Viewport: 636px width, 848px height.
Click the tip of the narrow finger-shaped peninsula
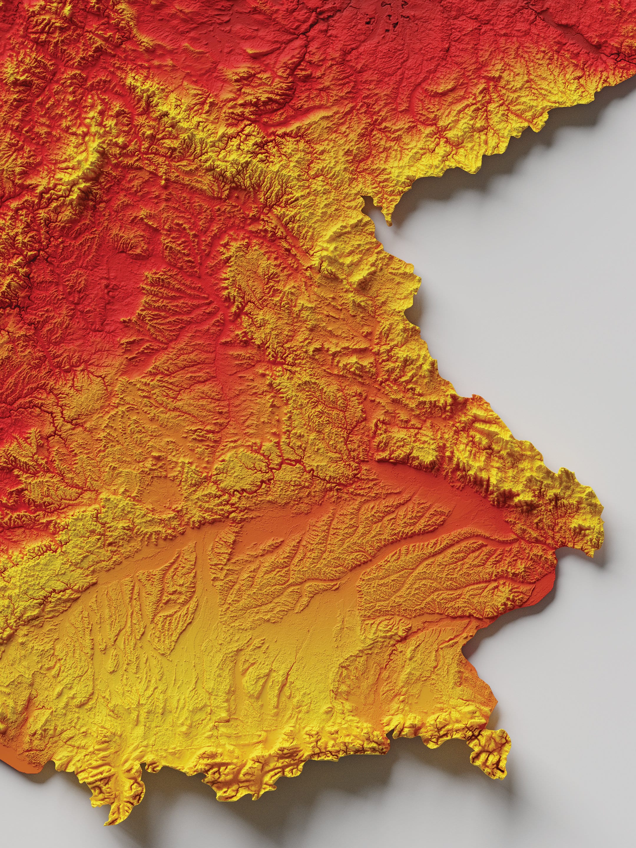click(x=390, y=222)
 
